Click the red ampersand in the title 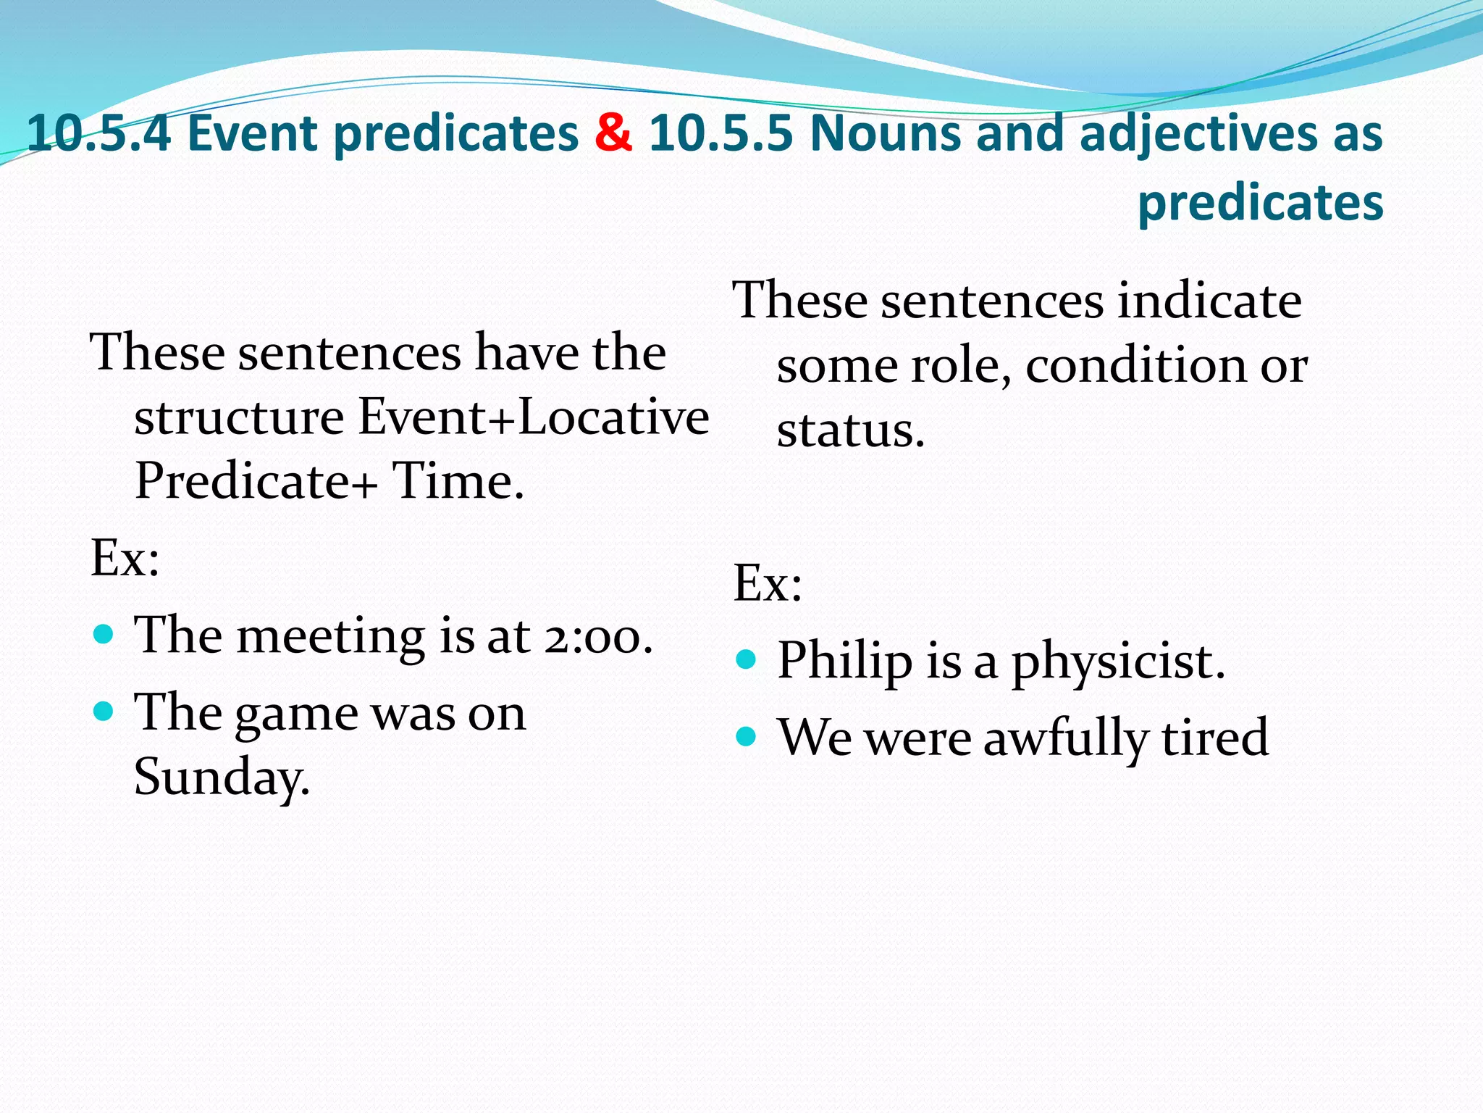pyautogui.click(x=613, y=133)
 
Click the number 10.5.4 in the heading pyautogui.click(x=98, y=133)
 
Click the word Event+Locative pyautogui.click(x=534, y=417)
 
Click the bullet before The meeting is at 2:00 pyautogui.click(x=104, y=635)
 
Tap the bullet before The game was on pyautogui.click(x=104, y=712)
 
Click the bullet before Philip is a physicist pyautogui.click(x=746, y=659)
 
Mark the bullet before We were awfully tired pyautogui.click(x=746, y=737)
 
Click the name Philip pyautogui.click(x=844, y=661)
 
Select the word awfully pyautogui.click(x=1065, y=738)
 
